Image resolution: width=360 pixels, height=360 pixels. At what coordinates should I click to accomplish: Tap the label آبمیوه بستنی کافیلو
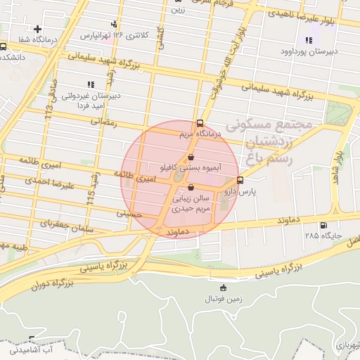tap(191, 169)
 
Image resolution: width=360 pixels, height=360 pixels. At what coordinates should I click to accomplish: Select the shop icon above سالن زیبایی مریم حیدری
tap(192, 186)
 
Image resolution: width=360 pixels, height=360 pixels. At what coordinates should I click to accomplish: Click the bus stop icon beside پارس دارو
tap(240, 180)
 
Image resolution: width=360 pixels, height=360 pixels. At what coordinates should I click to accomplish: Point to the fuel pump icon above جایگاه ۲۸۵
tap(323, 226)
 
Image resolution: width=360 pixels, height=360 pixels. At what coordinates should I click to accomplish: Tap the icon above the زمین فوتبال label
tap(224, 288)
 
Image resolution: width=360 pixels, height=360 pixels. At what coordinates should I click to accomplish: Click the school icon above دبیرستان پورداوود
tap(308, 40)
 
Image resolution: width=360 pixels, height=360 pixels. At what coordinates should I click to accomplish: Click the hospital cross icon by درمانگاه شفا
tap(37, 29)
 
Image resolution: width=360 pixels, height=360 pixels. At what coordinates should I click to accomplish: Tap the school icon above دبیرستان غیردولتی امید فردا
tap(90, 84)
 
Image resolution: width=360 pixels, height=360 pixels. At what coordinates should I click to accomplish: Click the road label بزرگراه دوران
tap(52, 285)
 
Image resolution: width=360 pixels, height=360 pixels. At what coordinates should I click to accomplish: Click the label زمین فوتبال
tap(224, 299)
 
